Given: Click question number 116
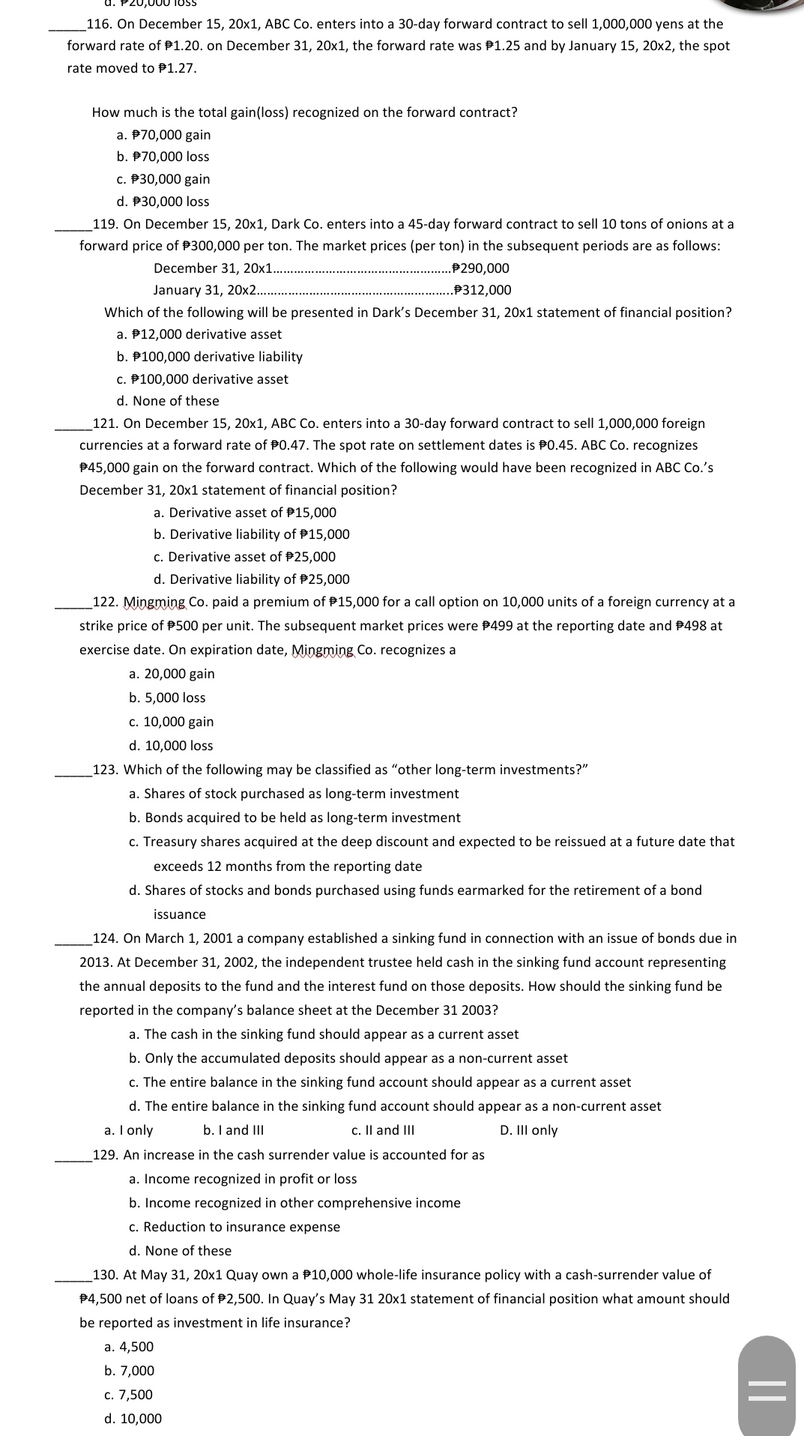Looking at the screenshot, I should click(x=100, y=24).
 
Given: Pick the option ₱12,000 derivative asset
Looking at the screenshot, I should click(x=199, y=334).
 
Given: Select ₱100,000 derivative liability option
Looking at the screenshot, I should click(x=210, y=357).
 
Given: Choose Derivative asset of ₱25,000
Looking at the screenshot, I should click(x=244, y=557).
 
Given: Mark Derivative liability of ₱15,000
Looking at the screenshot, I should click(x=251, y=534).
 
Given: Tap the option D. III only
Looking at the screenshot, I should click(x=528, y=1130).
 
